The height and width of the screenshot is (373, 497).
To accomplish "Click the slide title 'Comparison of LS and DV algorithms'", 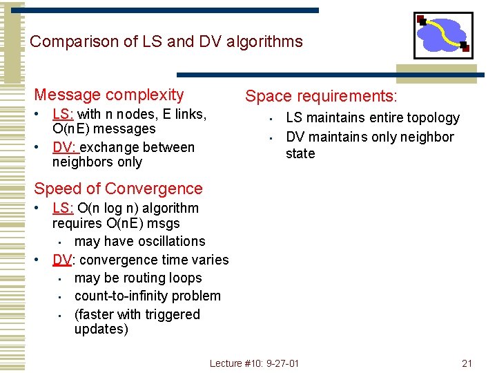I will pyautogui.click(x=166, y=41).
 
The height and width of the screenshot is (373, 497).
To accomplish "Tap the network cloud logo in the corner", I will pyautogui.click(x=442, y=35).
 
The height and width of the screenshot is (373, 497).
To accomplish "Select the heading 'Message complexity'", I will pyautogui.click(x=109, y=95).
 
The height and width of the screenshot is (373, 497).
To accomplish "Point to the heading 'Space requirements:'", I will pyautogui.click(x=322, y=97).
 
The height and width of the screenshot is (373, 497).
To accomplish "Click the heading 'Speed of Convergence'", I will pyautogui.click(x=118, y=189).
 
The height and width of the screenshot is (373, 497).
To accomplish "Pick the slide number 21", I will pyautogui.click(x=467, y=363).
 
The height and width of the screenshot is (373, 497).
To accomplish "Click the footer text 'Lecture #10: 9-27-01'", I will pyautogui.click(x=254, y=363).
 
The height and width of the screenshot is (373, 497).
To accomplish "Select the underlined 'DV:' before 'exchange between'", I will pyautogui.click(x=66, y=147).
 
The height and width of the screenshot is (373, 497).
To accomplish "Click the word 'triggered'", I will pyautogui.click(x=168, y=314).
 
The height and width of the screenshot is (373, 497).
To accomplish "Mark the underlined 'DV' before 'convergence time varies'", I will pyautogui.click(x=63, y=260).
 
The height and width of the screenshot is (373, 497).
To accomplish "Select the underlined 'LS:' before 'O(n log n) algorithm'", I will pyautogui.click(x=64, y=208).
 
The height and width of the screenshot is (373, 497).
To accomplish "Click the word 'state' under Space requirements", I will pyautogui.click(x=300, y=153).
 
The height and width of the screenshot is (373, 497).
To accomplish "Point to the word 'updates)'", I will pyautogui.click(x=101, y=329).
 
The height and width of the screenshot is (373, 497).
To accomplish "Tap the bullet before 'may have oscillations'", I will pyautogui.click(x=61, y=242).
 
